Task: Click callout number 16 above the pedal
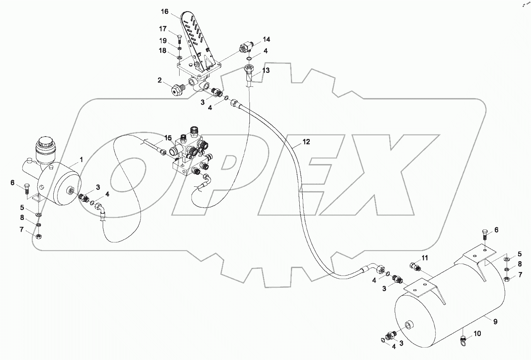[165, 12]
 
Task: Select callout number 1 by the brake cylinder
[81, 159]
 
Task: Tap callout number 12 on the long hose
[306, 142]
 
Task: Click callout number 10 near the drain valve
[477, 334]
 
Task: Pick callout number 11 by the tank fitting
[425, 258]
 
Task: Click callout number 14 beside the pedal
[266, 39]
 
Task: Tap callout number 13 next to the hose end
[266, 70]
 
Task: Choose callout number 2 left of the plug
[159, 80]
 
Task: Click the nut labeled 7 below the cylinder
[39, 236]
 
